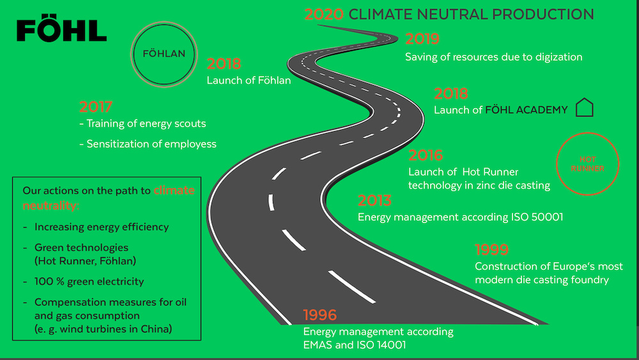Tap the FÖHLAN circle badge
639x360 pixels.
[164, 23]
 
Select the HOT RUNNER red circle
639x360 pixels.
[588, 134]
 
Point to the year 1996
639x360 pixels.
[320, 315]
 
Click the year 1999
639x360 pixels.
[491, 249]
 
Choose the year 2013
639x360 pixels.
[374, 200]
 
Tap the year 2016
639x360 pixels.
[426, 155]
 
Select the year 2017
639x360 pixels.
[95, 107]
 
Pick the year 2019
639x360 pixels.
[422, 39]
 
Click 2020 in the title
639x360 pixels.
[324, 14]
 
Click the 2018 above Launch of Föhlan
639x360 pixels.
[224, 63]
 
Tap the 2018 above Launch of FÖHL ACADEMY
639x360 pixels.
[450, 93]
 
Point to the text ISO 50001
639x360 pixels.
[537, 217]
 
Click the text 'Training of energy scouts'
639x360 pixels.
[146, 123]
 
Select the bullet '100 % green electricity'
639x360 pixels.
[89, 281]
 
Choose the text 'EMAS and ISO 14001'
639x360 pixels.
[355, 345]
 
